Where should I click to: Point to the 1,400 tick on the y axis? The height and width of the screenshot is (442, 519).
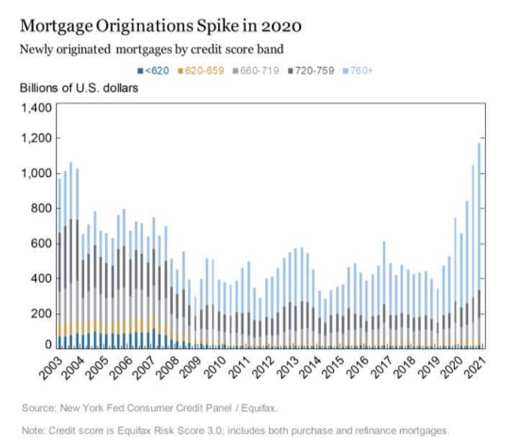point(35,108)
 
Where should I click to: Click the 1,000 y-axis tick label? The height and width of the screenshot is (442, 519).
point(35,174)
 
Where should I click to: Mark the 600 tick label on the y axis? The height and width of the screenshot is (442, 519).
point(40,244)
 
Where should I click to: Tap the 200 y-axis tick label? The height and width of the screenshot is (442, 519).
point(40,313)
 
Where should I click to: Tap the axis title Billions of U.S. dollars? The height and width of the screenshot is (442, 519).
point(79,88)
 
